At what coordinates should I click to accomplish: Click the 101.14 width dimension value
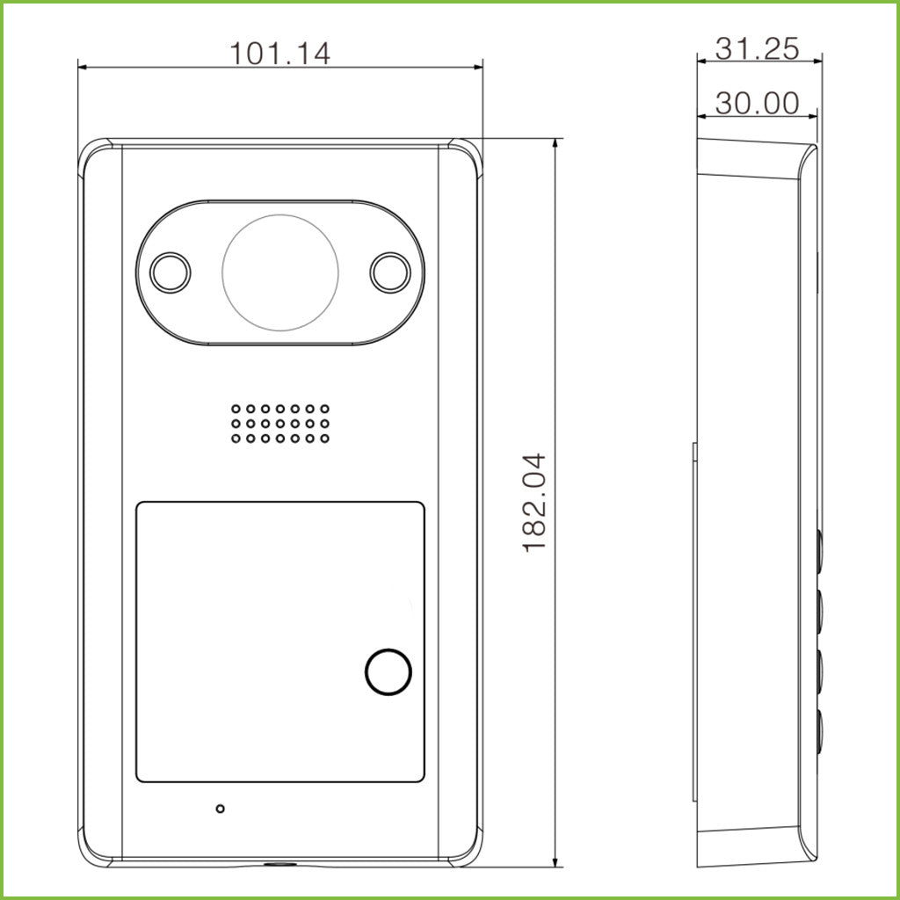[x=279, y=53]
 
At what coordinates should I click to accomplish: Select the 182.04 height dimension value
[x=534, y=503]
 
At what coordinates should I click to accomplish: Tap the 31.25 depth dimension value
[x=757, y=49]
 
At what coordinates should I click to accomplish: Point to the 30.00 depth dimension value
[x=757, y=104]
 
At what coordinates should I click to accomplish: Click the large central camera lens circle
[x=280, y=272]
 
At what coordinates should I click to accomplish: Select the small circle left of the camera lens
[x=171, y=272]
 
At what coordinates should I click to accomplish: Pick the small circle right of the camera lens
[x=390, y=272]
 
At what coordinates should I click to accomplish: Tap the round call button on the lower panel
[x=388, y=671]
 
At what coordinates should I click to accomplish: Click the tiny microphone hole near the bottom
[x=220, y=809]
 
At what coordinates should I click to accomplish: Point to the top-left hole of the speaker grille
[x=236, y=409]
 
